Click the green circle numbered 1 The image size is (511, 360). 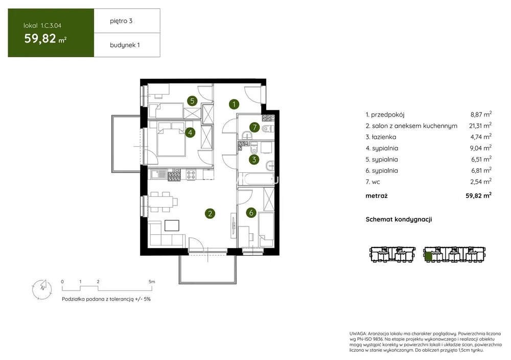coord(234,104)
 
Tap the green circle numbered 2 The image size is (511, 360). coord(210,214)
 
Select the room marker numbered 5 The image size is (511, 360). coord(192,101)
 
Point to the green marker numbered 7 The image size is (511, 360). coord(254,127)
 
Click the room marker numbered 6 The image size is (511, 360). coord(251,213)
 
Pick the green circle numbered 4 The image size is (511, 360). coord(190,132)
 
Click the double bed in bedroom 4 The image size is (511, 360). coord(171,139)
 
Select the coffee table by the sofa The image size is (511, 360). coord(172,226)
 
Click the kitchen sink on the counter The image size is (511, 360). coord(158,174)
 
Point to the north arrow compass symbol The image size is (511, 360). coord(42,289)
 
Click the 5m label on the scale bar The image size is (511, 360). coord(152,281)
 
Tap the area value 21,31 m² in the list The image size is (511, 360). coord(480,125)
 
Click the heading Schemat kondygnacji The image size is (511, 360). coord(399,219)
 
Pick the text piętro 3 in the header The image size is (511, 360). coord(121,21)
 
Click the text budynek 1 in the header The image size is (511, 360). coord(125,45)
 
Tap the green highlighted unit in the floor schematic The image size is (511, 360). coord(429,257)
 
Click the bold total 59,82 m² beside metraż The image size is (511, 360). coord(478,196)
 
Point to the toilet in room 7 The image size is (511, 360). coord(267,129)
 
